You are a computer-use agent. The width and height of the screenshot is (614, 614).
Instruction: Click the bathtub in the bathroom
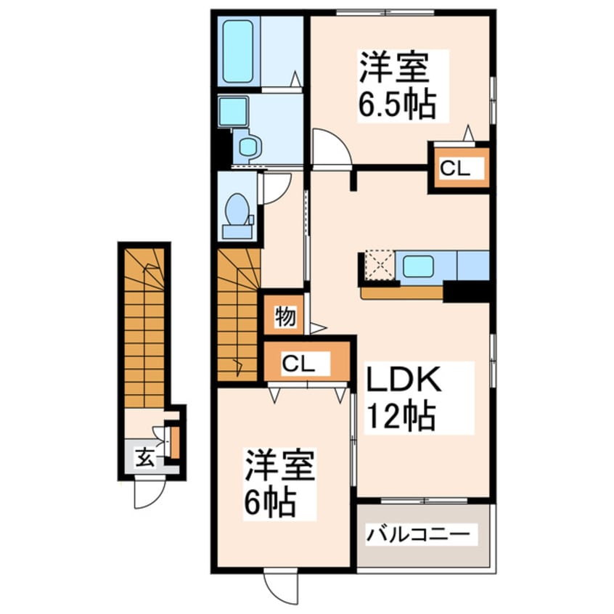pyautogui.click(x=238, y=52)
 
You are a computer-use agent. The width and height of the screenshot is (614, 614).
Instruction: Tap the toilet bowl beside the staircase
pyautogui.click(x=236, y=210)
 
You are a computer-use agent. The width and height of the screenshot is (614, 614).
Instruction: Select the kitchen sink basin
pyautogui.click(x=418, y=266)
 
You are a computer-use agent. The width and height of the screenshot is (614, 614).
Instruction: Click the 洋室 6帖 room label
pyautogui.click(x=279, y=484)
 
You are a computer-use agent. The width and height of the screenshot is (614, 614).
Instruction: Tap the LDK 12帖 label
pyautogui.click(x=418, y=398)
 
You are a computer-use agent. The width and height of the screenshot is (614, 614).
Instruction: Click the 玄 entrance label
pyautogui.click(x=144, y=457)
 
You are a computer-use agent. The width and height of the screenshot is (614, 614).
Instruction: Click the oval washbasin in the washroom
pyautogui.click(x=248, y=147)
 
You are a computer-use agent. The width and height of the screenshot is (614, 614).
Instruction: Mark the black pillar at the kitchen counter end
pyautogui.click(x=467, y=291)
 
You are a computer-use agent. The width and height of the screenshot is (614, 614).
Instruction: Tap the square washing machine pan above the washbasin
pyautogui.click(x=233, y=111)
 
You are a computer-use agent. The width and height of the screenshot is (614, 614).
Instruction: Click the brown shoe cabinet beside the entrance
pyautogui.click(x=174, y=442)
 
